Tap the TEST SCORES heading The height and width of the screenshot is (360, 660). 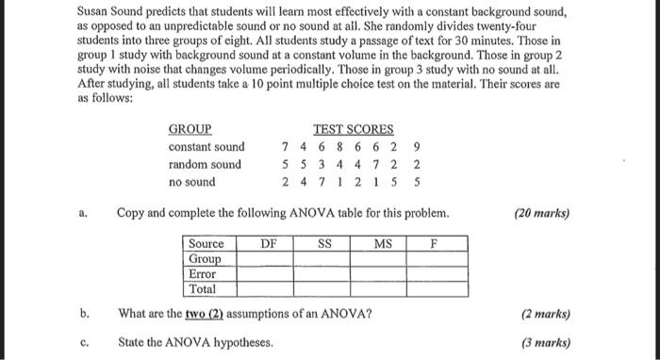tap(353, 129)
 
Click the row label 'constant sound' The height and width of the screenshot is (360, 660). tap(206, 147)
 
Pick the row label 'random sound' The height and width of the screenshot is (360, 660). tap(205, 164)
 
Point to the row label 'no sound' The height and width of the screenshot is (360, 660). tap(191, 182)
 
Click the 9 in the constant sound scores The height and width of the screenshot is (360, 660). tap(417, 147)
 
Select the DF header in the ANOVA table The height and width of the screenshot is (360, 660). tap(268, 243)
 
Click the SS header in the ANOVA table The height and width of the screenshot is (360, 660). tap(324, 243)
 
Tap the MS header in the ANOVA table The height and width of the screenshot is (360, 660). tap(382, 243)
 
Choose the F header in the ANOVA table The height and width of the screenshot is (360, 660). tap(435, 243)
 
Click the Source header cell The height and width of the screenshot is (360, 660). tap(206, 243)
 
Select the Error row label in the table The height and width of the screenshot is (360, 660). tap(203, 274)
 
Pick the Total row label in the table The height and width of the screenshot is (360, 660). tap(203, 289)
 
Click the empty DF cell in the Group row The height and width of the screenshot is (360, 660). tap(268, 259)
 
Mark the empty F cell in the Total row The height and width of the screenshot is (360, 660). tap(435, 289)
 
